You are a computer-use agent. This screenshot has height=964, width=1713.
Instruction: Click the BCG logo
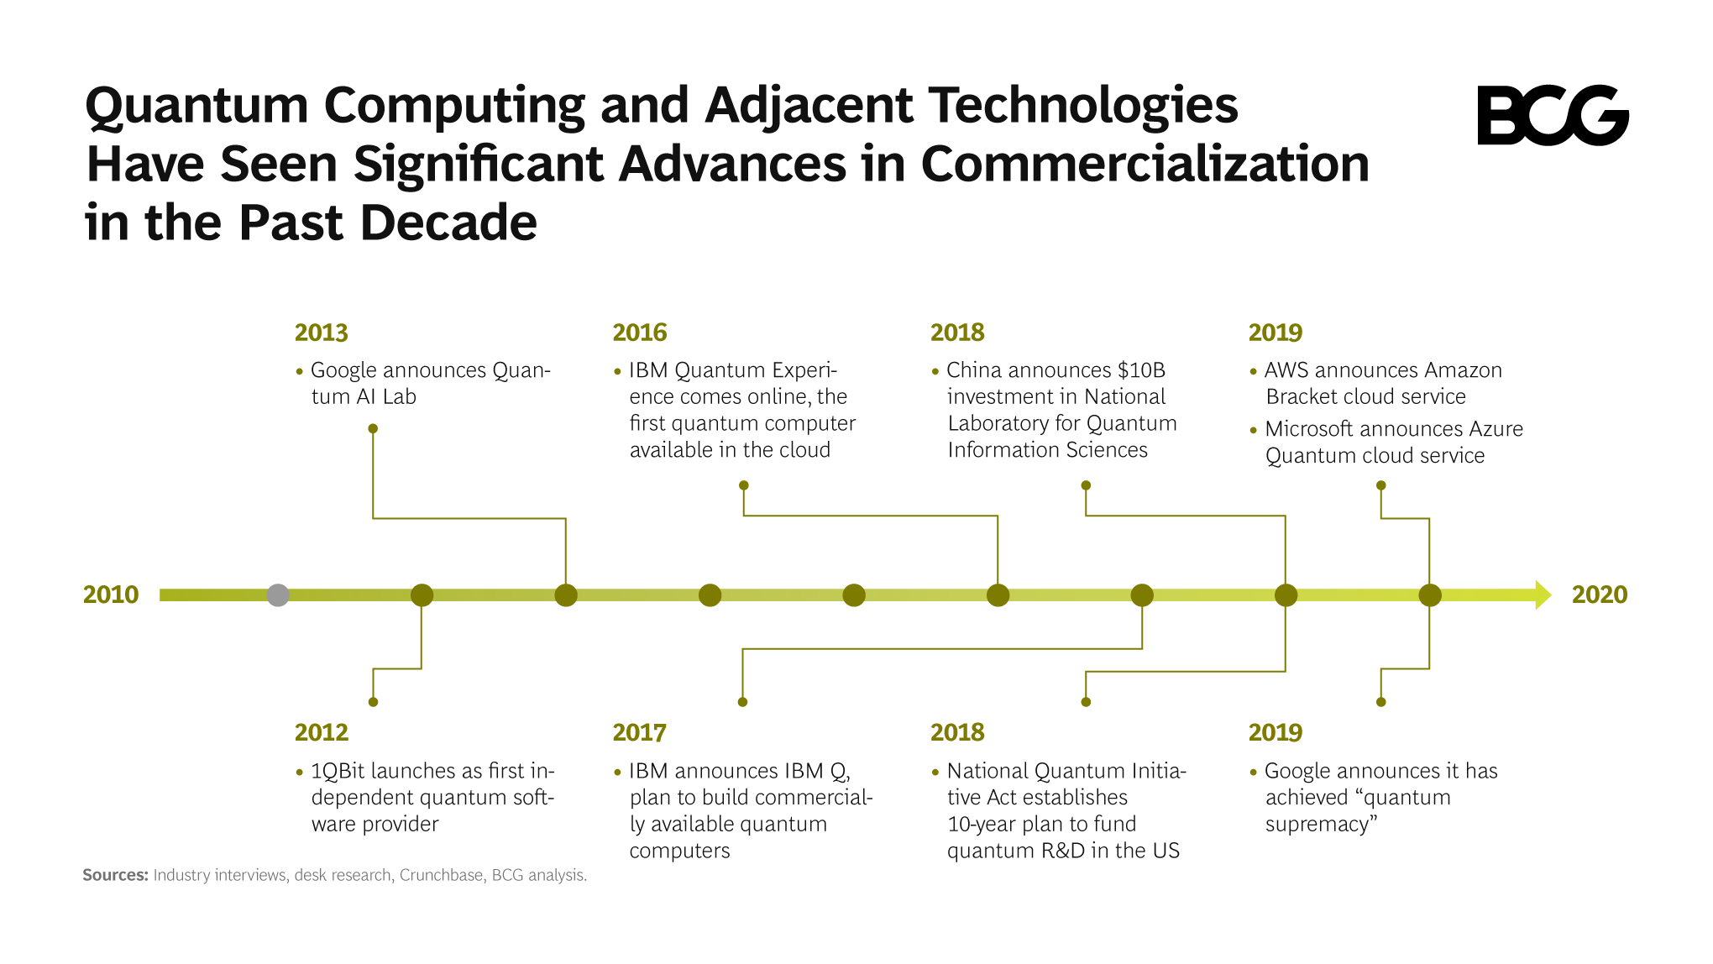[1552, 115]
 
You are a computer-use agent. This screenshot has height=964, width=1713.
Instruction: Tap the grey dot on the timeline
[278, 595]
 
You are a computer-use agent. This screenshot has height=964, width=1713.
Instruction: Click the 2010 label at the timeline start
[111, 595]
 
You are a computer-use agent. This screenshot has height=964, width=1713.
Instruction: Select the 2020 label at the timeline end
[1599, 595]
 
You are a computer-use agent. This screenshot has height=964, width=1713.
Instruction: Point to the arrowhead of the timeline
[1543, 595]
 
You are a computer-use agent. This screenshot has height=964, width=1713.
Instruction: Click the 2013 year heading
[321, 333]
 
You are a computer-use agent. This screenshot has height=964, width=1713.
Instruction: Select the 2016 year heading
[639, 333]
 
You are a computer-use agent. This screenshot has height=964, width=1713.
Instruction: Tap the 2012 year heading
[321, 732]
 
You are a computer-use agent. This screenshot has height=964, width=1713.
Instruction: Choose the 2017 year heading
[639, 732]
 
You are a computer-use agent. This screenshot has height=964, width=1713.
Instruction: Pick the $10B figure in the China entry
[1141, 370]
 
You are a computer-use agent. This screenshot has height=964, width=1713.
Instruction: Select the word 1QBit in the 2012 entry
[338, 771]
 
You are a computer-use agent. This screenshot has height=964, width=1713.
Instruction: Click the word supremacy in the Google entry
[1321, 825]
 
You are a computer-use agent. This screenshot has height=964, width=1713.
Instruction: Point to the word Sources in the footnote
[115, 875]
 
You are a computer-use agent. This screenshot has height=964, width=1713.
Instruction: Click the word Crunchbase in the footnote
[441, 875]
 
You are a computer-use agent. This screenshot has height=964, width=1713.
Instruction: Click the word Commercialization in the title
[1145, 164]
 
